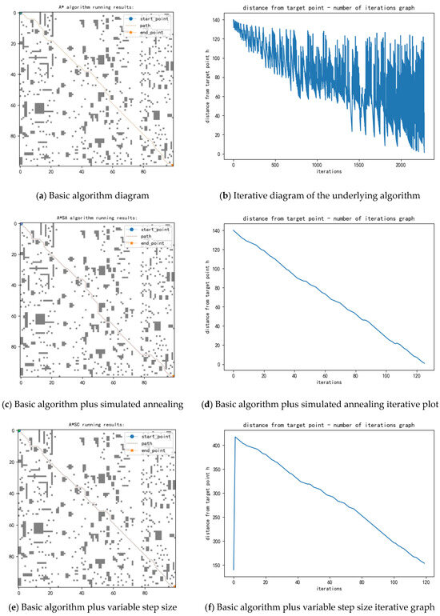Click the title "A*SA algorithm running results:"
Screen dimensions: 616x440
(x=96, y=216)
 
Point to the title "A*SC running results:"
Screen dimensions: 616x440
(x=96, y=424)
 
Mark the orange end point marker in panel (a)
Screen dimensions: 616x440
(x=170, y=164)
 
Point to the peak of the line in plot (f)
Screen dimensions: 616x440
(x=234, y=437)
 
